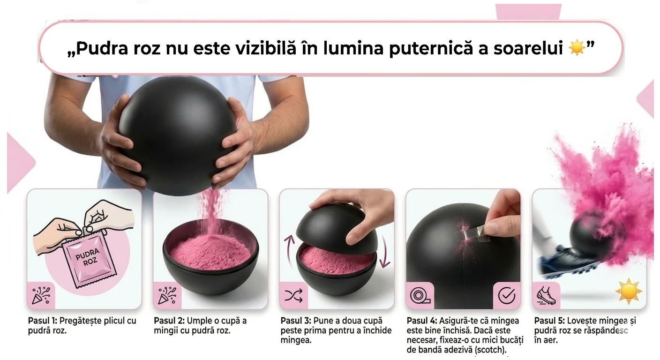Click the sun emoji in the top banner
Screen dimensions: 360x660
(576, 48)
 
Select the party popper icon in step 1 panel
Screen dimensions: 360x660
(41, 296)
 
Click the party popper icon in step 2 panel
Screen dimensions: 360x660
(167, 296)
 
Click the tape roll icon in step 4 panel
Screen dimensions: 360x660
(420, 296)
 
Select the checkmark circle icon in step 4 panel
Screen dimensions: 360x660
(506, 296)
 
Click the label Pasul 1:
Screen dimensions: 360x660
(42, 321)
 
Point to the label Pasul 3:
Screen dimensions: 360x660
(295, 321)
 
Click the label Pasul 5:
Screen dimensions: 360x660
(549, 321)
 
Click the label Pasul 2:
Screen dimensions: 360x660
(169, 321)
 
